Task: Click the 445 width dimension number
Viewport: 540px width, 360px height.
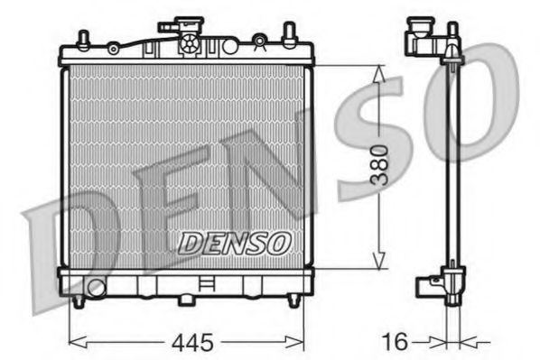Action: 191,342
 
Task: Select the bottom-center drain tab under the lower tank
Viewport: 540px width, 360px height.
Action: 186,298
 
